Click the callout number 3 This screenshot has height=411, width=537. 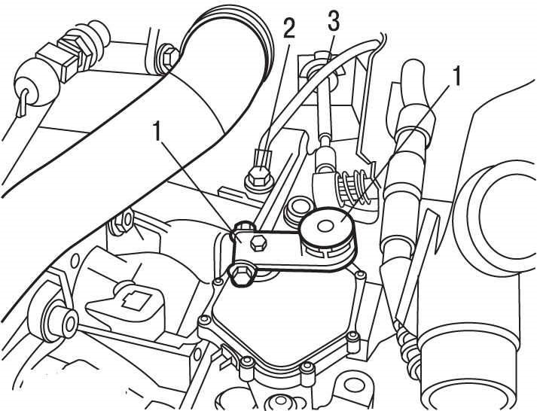point(333,21)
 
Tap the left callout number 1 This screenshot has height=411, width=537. point(157,131)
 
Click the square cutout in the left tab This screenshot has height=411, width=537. point(137,300)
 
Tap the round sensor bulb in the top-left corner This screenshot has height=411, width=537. point(32,86)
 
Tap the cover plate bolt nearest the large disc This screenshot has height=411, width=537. point(359,274)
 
